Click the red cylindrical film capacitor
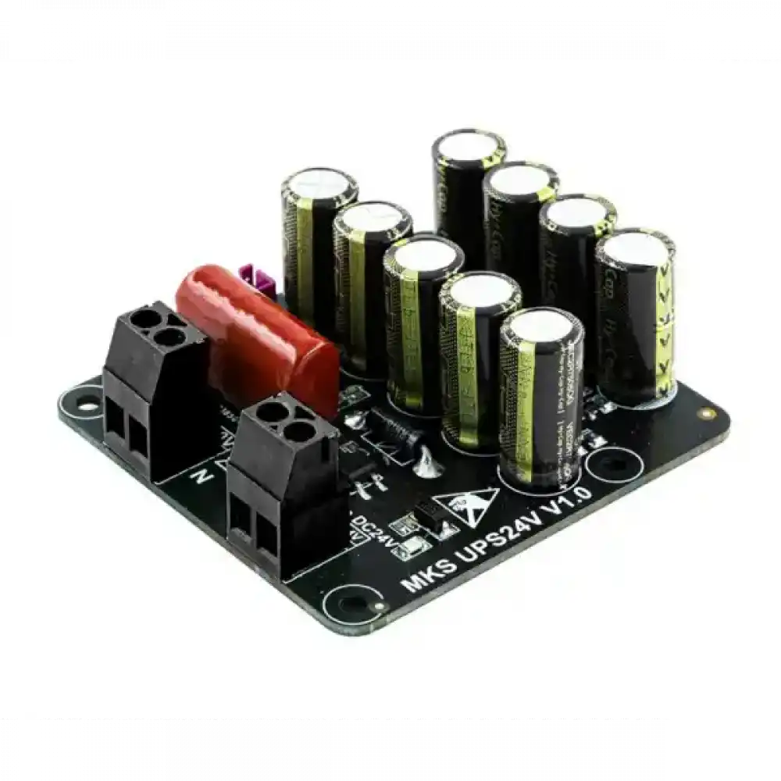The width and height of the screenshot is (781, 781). [x=258, y=336]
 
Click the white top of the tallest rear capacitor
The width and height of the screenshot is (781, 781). [x=469, y=148]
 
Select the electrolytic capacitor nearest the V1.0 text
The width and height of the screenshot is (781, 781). [x=541, y=398]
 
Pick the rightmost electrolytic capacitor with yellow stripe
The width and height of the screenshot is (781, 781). [x=634, y=312]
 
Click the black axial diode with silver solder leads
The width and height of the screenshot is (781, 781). [x=394, y=426]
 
